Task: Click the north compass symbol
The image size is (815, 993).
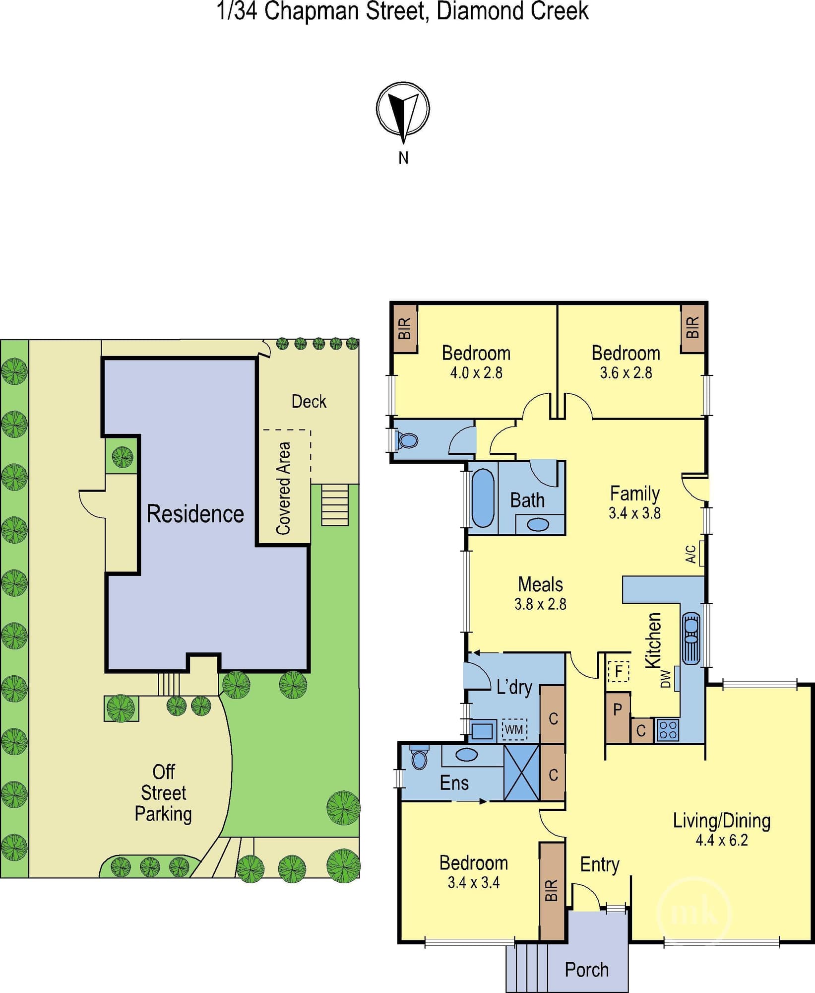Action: click(x=403, y=112)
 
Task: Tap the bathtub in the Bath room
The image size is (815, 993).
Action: click(x=483, y=497)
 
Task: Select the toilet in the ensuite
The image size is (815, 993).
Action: click(x=419, y=756)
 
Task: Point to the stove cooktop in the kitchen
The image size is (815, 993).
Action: click(x=667, y=730)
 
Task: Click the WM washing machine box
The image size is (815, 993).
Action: click(x=514, y=730)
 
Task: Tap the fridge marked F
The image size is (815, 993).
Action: click(x=619, y=671)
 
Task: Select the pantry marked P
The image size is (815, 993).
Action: click(x=618, y=717)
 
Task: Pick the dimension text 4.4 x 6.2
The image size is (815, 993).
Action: click(x=721, y=840)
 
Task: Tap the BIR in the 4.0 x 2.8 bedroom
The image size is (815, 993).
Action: click(x=405, y=329)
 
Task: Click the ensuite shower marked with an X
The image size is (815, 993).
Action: click(x=521, y=773)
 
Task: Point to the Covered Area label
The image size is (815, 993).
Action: click(x=283, y=488)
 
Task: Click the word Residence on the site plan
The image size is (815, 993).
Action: click(x=195, y=513)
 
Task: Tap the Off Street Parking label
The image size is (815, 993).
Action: click(x=163, y=793)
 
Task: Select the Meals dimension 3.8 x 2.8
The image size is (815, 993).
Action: click(x=540, y=604)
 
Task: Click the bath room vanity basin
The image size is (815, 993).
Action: click(x=538, y=524)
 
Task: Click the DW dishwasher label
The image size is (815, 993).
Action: click(x=666, y=679)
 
